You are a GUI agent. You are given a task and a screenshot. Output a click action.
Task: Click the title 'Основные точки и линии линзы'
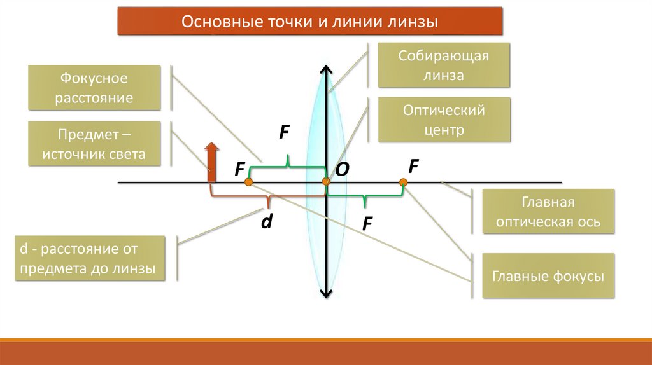pos(310,22)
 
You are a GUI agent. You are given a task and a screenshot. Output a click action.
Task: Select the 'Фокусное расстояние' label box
pos(94,88)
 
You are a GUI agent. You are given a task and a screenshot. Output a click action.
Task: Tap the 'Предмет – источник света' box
pos(94,144)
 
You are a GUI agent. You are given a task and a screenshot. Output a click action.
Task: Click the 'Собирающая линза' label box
pos(444,65)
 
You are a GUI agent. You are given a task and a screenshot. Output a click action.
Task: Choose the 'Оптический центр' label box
pos(444,120)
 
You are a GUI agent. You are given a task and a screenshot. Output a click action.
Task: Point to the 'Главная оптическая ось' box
pos(548,212)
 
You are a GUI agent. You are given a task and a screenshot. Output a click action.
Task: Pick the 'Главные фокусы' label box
pos(548,276)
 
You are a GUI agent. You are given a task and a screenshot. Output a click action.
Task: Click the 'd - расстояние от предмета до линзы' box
pos(89,259)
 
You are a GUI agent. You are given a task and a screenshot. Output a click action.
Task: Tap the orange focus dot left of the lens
pos(249,182)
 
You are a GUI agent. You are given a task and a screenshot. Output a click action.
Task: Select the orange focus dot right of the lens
pos(403,183)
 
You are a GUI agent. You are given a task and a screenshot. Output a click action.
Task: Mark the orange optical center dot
pos(326,183)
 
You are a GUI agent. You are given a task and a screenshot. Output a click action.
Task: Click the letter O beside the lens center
pos(342,169)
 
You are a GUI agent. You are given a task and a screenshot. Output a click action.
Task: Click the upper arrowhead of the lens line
pos(326,69)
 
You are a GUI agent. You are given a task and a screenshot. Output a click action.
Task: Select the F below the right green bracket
pos(367,223)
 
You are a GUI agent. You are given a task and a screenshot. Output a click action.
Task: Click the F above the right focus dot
pos(413,167)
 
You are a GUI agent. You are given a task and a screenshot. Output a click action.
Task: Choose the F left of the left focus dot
pos(239,169)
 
